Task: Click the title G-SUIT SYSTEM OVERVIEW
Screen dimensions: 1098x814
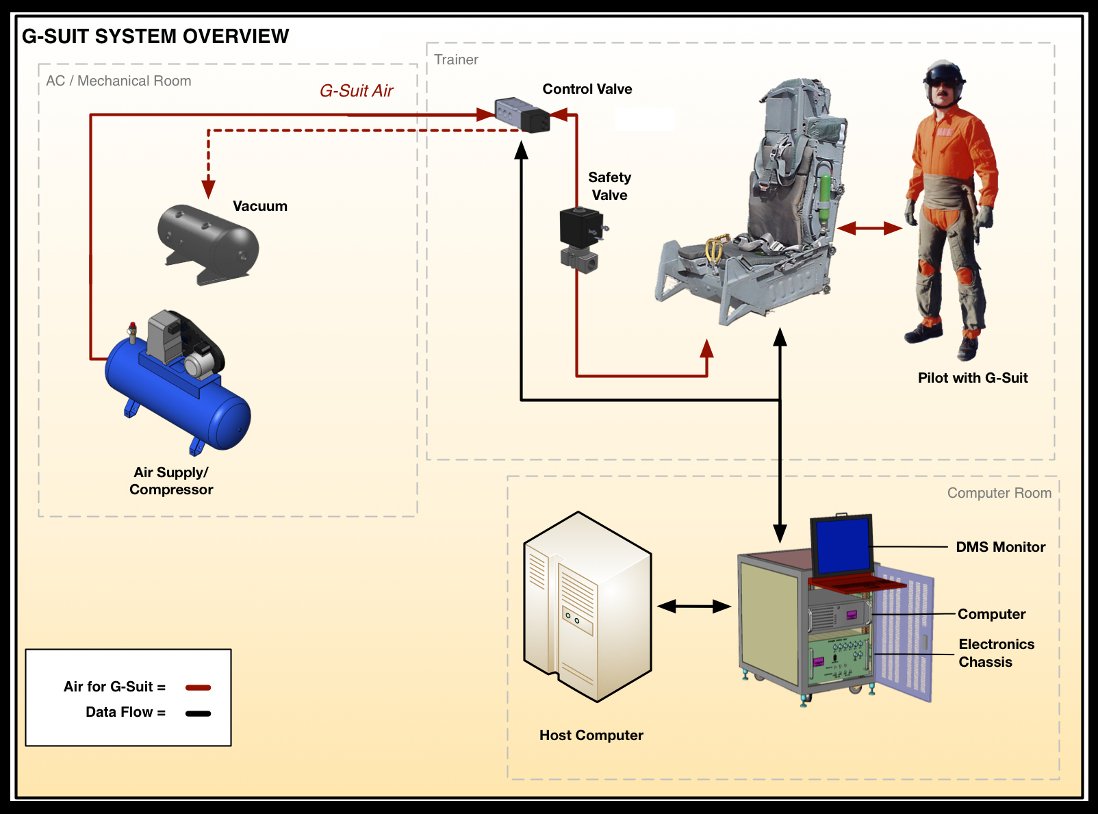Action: tap(155, 36)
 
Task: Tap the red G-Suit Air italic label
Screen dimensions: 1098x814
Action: tap(356, 90)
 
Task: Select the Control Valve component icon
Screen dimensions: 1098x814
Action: tap(522, 115)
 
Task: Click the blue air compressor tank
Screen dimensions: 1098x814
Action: tap(178, 396)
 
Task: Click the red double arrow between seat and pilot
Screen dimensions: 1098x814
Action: tap(869, 228)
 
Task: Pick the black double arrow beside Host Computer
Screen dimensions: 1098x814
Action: tap(694, 606)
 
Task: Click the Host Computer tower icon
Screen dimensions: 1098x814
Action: tap(587, 607)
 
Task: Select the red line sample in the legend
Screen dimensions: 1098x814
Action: tap(198, 687)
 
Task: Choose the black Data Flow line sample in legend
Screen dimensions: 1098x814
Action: tap(198, 713)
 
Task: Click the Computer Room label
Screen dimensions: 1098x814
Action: tap(999, 493)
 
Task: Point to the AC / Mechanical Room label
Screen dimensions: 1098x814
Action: tap(118, 81)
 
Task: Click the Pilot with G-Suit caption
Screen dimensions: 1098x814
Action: tap(973, 378)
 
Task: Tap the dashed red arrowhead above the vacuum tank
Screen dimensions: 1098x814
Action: tap(208, 189)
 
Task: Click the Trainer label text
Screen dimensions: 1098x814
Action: tap(456, 60)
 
